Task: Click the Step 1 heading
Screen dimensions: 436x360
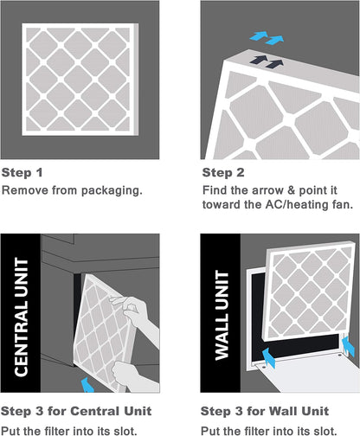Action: (22, 171)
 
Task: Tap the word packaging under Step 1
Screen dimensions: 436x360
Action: (106, 189)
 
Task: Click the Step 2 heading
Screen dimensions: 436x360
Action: (223, 171)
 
